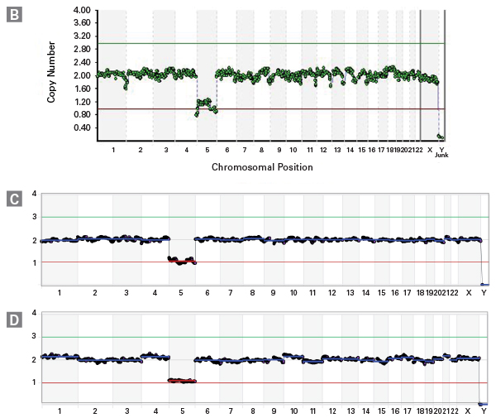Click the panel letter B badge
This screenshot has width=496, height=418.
point(14,15)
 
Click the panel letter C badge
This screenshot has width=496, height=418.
point(14,199)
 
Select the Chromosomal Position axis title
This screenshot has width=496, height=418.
point(262,167)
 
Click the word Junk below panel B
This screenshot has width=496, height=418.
point(441,155)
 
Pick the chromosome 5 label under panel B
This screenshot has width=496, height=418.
point(205,149)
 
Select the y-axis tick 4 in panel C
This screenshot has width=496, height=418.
point(34,194)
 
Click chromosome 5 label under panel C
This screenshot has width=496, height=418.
point(182,294)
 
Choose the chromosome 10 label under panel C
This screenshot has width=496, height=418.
point(293,294)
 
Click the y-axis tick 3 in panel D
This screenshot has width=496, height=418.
point(34,336)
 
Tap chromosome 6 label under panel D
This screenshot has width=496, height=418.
point(207,412)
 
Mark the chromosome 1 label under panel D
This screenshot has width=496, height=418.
point(60,412)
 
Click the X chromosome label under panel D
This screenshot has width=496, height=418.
point(469,412)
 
